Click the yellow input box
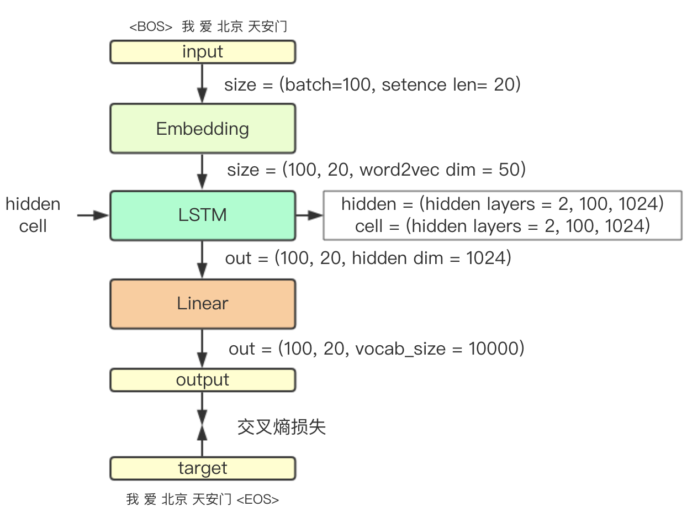click(203, 52)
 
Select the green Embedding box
click(203, 128)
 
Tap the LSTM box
click(203, 215)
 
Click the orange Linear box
click(203, 303)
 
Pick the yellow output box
click(203, 380)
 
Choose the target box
click(203, 468)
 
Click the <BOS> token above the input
click(151, 27)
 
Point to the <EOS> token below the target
click(257, 500)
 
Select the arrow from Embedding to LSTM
click(203, 171)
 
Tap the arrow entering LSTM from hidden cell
click(93, 215)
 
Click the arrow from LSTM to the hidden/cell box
click(309, 215)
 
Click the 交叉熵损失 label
click(282, 427)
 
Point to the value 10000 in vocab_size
click(493, 349)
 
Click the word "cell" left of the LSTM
click(33, 226)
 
